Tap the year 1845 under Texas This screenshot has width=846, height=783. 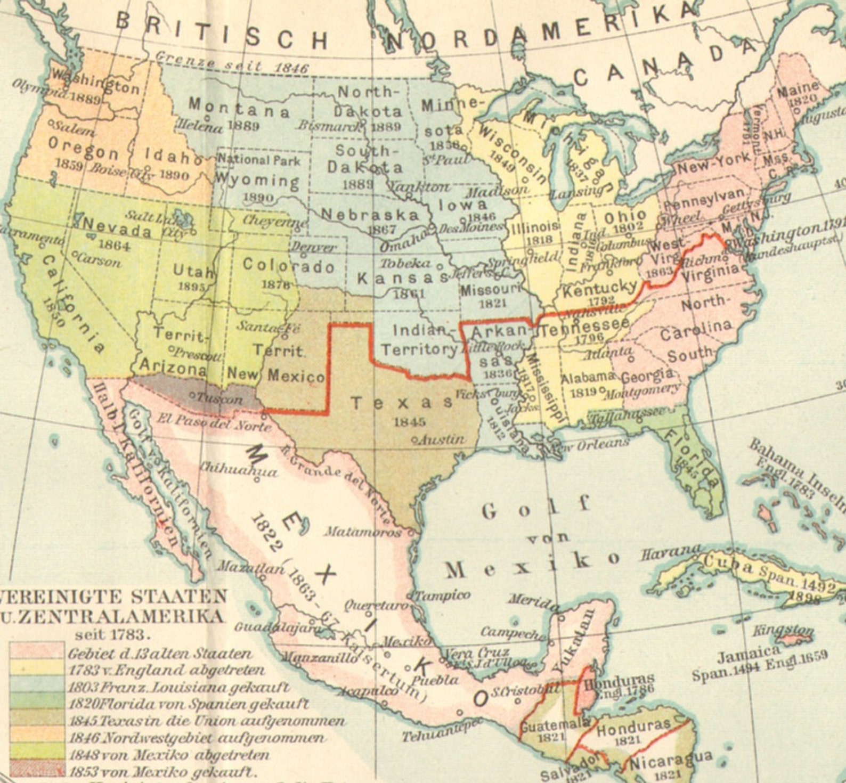(x=410, y=422)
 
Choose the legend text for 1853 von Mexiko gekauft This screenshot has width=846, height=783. (x=162, y=771)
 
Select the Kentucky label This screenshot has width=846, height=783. (x=599, y=290)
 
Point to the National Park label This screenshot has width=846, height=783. (x=259, y=159)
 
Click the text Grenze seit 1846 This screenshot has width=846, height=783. (x=232, y=63)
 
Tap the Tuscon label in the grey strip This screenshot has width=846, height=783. (x=219, y=398)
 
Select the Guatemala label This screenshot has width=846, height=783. (x=554, y=725)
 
